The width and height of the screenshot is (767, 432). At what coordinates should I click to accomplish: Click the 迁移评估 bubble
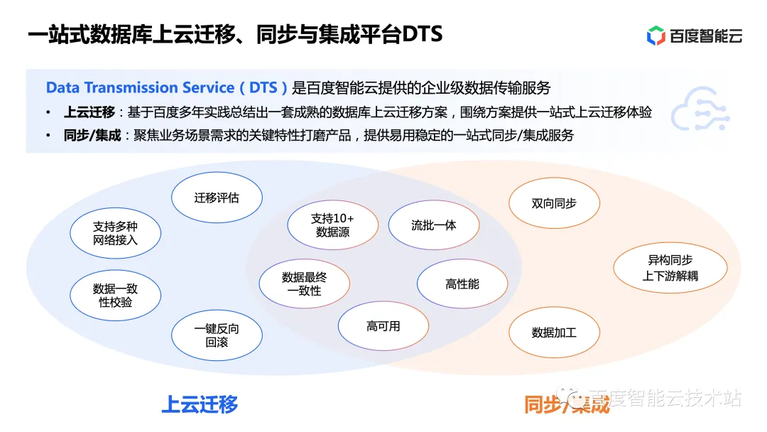point(217,198)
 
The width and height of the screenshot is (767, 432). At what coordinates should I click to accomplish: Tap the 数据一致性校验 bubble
point(115,296)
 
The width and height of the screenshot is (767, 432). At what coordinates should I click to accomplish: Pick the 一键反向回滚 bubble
point(217,335)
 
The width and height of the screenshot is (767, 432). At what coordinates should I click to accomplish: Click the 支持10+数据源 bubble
point(332,225)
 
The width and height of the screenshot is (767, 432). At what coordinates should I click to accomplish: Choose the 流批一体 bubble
point(433,225)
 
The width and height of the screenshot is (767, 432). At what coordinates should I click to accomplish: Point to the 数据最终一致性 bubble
point(304,284)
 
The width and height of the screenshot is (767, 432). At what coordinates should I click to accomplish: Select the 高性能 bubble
point(462,284)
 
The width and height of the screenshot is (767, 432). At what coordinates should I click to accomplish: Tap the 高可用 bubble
point(383,326)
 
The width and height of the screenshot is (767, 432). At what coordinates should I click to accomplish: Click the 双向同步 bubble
point(554,203)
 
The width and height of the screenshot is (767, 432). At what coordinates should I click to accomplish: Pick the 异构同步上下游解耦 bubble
point(670,268)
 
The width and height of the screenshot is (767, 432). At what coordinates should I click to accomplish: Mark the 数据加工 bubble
point(554,332)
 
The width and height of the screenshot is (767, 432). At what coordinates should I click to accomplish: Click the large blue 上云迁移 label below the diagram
point(200,404)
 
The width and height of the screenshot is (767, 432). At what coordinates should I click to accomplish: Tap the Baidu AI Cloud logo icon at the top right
point(656,35)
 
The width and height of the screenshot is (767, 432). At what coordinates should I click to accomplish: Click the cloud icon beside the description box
point(700,109)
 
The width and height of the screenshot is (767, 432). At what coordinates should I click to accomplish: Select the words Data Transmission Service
point(140,88)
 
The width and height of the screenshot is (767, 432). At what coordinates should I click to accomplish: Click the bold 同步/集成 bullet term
point(92,135)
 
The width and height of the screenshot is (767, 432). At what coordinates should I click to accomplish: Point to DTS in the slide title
point(423,35)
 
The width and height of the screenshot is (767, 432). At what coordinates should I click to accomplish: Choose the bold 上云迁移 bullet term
point(89,112)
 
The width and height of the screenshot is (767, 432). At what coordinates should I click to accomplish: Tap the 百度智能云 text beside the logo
point(705,36)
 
